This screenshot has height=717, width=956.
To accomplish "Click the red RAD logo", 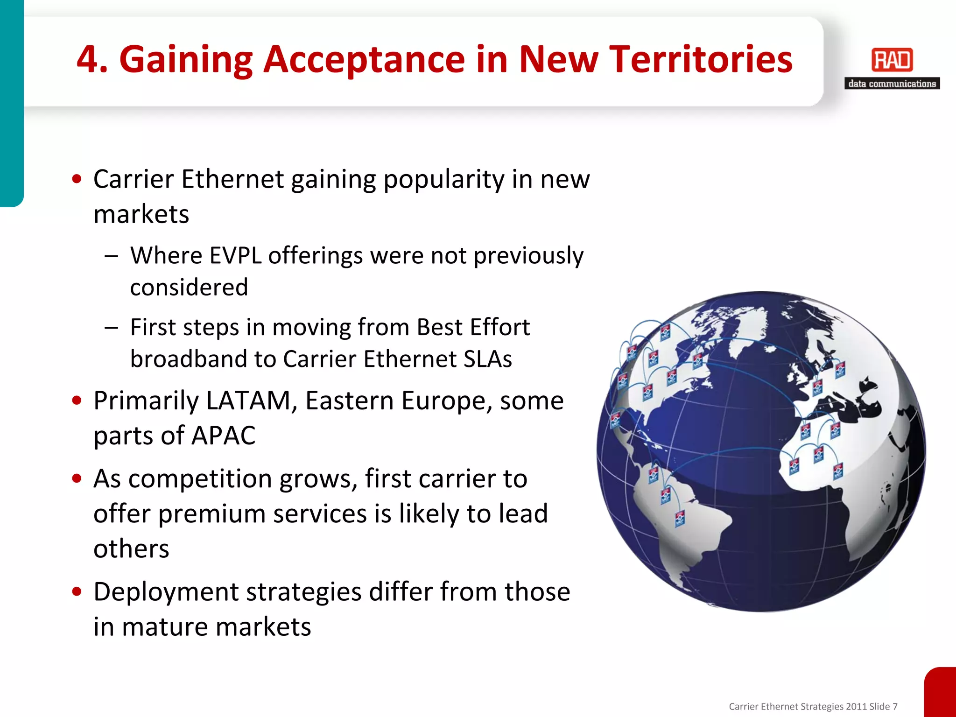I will coord(892,60).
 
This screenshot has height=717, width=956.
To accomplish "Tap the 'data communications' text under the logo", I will coord(892,84).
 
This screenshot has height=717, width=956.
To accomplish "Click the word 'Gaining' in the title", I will coord(186,60).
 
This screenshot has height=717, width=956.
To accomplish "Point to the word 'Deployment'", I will coord(166,592).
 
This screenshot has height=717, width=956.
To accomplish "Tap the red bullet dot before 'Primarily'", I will coord(77,401).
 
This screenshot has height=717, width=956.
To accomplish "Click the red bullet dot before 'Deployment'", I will coord(77,592).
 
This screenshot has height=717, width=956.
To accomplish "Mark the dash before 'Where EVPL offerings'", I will coord(112,256).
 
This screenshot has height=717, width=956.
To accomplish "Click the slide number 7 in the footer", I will coord(894,707).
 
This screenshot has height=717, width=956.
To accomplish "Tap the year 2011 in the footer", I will coord(856,707).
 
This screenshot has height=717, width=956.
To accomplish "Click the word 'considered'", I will coord(189,287).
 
